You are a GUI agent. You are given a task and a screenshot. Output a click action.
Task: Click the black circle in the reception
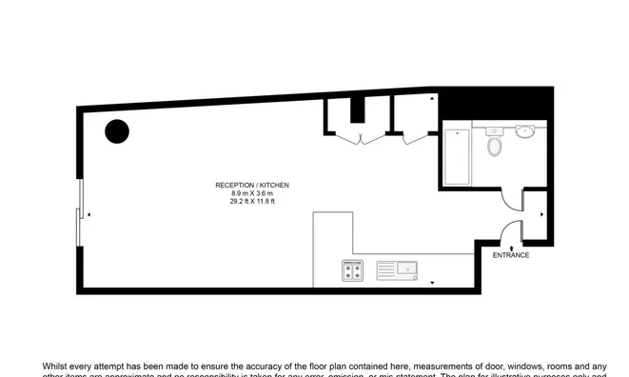coord(117,132)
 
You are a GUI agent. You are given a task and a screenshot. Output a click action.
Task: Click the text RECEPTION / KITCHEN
coord(252,185)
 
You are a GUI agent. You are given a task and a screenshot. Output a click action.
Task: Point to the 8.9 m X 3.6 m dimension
coord(252,193)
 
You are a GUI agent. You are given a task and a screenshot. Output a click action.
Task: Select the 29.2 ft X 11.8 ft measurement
coord(252,202)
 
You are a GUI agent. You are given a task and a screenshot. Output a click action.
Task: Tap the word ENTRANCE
coord(511,255)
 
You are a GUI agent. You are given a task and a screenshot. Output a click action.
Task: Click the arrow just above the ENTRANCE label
coord(511,246)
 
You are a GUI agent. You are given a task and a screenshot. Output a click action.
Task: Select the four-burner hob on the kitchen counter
coord(352,271)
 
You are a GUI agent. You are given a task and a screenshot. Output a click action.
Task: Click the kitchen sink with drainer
coord(398,270)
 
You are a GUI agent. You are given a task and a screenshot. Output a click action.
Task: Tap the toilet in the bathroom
coord(493,145)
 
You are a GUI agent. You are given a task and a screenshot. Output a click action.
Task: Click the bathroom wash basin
coord(524,132)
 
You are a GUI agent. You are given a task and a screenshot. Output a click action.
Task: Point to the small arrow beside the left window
coord(88,215)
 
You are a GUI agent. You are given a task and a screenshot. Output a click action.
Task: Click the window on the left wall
coord(79,215)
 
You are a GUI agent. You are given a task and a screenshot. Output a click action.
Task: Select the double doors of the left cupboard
coord(359,137)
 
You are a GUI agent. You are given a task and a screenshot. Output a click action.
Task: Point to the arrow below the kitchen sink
coord(432,284)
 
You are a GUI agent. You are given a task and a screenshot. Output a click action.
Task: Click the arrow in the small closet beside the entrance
coord(541,215)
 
